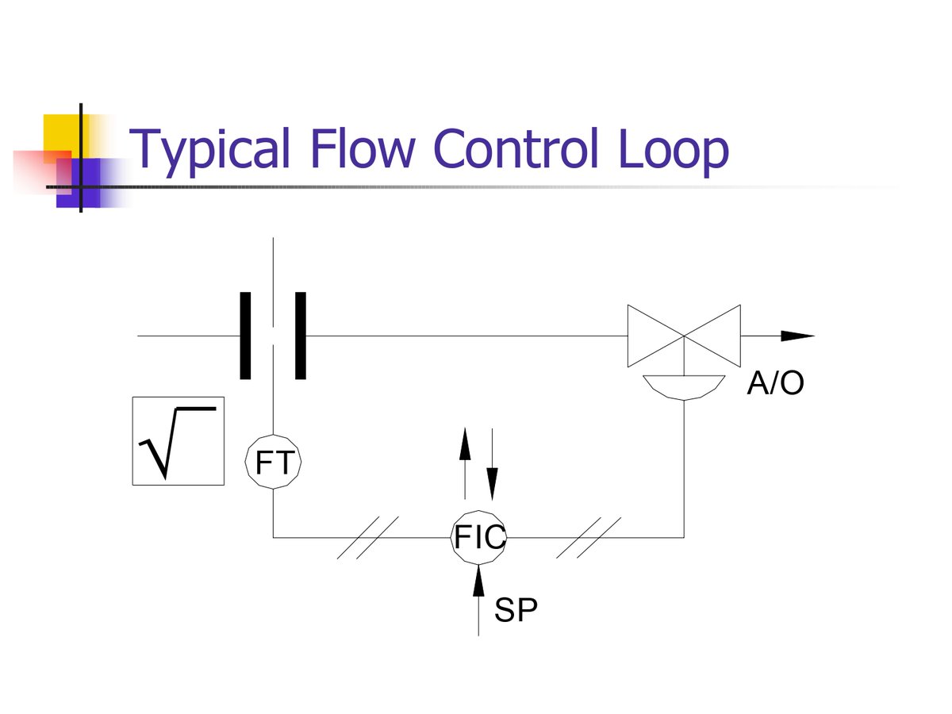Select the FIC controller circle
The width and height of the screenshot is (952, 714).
[478, 537]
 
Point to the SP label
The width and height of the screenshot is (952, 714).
[516, 611]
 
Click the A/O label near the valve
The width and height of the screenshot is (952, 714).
[775, 385]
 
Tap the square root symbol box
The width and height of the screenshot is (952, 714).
[178, 441]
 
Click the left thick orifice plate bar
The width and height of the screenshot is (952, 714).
[245, 336]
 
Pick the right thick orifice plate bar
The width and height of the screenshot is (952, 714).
[301, 336]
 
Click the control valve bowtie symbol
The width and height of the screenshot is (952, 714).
[684, 336]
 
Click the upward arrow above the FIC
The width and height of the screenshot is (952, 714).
[465, 445]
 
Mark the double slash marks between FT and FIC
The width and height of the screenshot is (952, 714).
[367, 537]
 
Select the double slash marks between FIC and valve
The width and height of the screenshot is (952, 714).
[588, 537]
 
